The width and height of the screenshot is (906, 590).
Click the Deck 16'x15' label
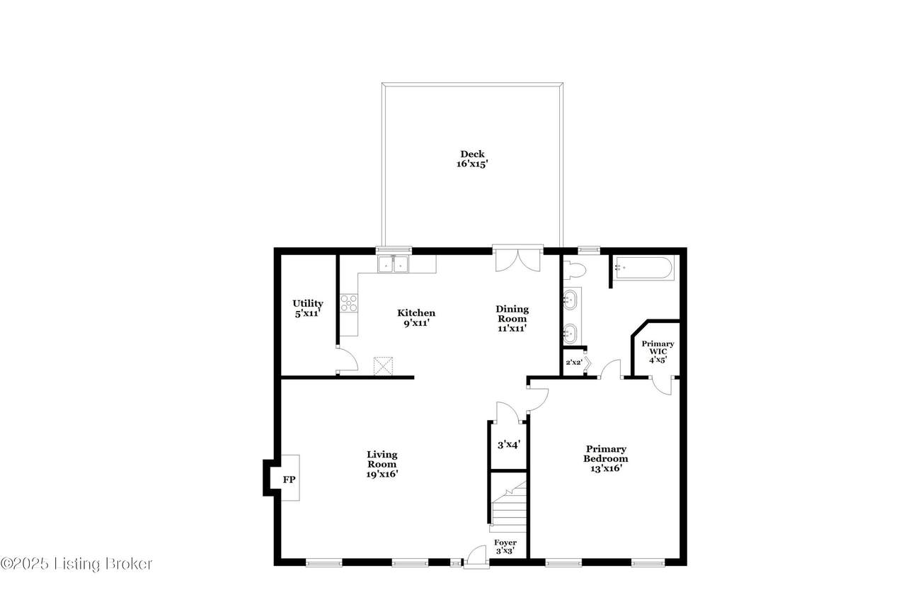click(x=472, y=159)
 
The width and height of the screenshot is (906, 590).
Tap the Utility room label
click(x=308, y=308)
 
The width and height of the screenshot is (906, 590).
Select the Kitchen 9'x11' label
click(x=416, y=318)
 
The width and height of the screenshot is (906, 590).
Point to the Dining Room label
click(x=512, y=319)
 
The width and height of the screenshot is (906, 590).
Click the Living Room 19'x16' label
click(x=382, y=465)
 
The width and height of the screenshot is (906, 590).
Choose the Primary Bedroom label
click(x=605, y=458)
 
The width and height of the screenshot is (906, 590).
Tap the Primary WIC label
click(x=658, y=351)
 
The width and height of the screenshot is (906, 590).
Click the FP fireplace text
click(x=289, y=480)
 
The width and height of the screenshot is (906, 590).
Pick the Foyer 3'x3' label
click(x=505, y=546)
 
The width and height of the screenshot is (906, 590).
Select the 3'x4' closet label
click(x=508, y=445)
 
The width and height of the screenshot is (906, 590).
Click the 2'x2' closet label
click(x=573, y=363)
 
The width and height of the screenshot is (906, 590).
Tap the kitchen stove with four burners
click(x=349, y=303)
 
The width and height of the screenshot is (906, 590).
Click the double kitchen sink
click(x=393, y=264)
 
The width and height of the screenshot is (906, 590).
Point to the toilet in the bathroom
click(x=574, y=270)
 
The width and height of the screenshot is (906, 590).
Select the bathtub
click(x=644, y=268)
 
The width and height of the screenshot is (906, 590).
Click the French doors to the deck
click(x=517, y=259)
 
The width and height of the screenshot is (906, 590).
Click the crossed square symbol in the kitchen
click(x=383, y=365)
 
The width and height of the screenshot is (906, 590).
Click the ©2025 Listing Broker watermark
click(x=76, y=564)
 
